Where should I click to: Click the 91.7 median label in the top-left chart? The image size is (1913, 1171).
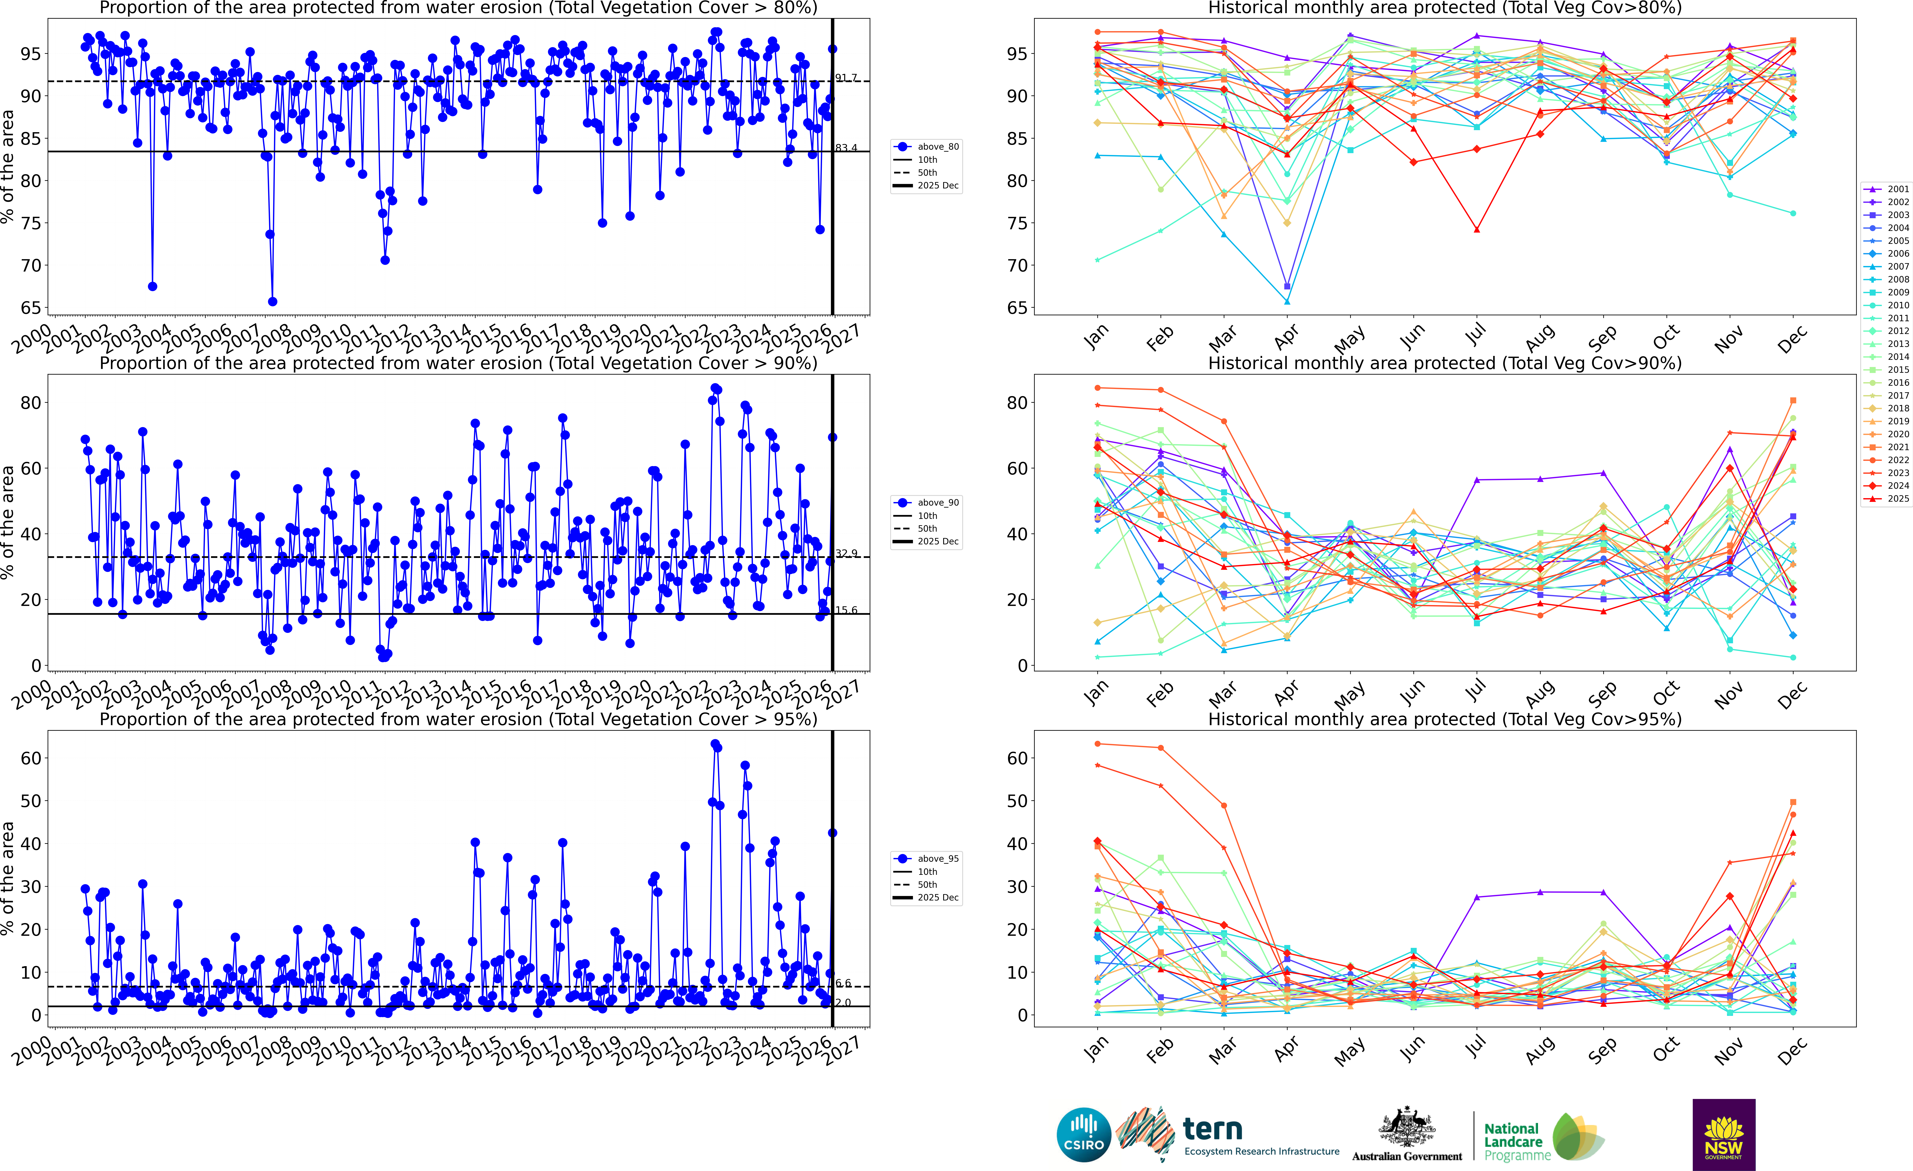pos(846,78)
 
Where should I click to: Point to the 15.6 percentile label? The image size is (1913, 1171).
pos(846,610)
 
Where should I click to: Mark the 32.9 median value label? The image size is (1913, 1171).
pos(846,554)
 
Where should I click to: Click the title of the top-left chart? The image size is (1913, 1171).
pos(458,8)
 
